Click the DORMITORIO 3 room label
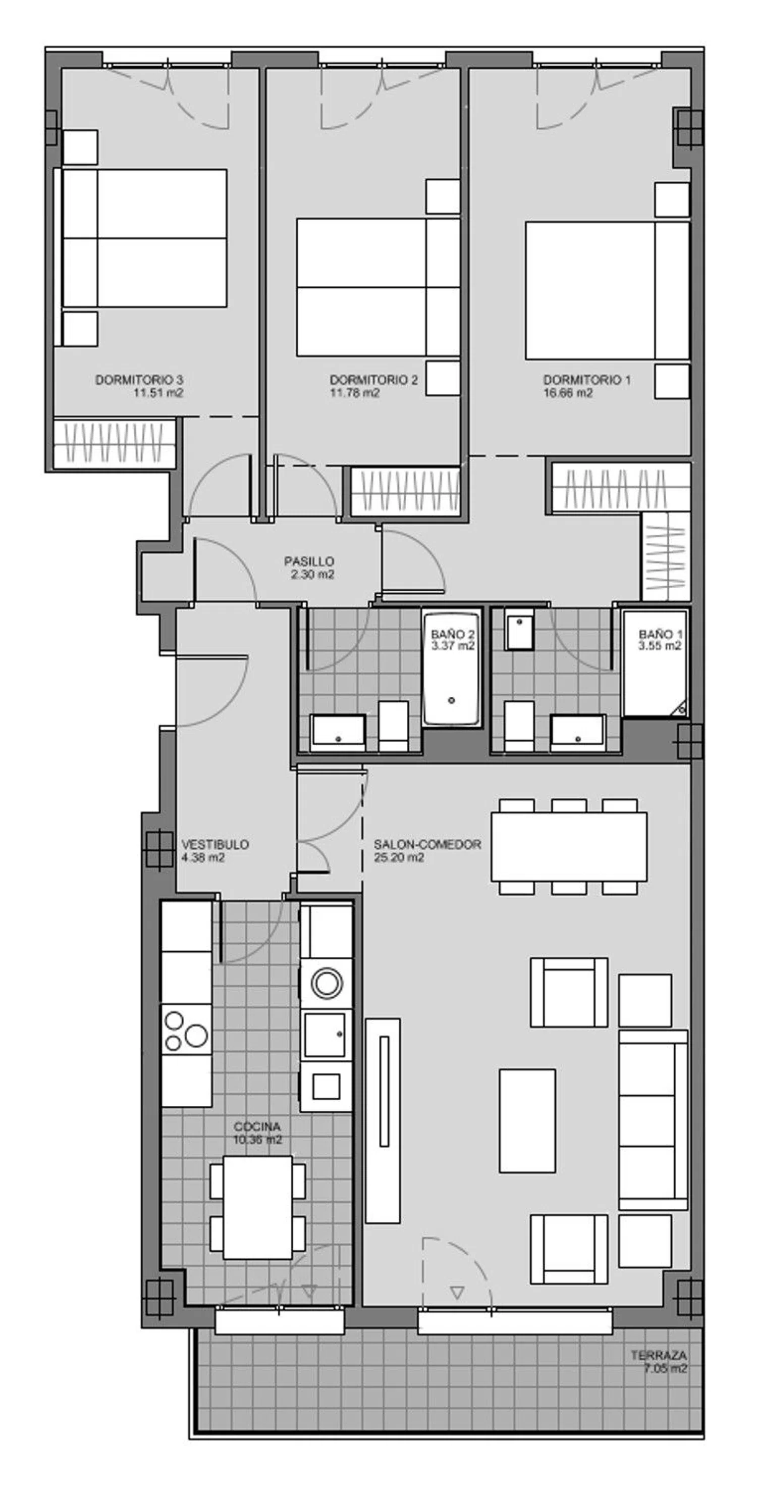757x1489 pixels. click(139, 380)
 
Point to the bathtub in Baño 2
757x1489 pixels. click(451, 666)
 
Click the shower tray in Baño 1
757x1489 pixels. click(655, 663)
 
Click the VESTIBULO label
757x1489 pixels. click(215, 845)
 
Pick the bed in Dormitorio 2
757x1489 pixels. click(379, 287)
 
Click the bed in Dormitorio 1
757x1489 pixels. click(607, 291)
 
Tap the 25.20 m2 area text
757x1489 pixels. click(399, 858)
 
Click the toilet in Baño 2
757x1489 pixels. click(394, 726)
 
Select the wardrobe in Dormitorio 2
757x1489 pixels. click(405, 491)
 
